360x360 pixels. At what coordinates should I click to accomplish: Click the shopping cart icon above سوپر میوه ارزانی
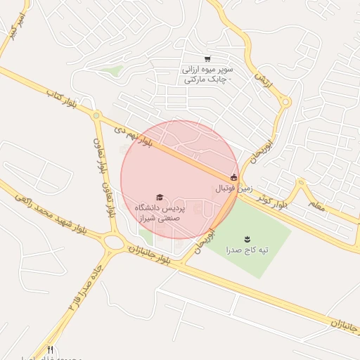pos(207,58)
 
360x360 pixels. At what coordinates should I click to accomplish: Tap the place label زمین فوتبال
pos(233,188)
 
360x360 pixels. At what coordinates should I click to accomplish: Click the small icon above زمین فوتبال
pos(233,177)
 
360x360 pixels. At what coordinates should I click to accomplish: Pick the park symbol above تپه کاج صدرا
pos(247,239)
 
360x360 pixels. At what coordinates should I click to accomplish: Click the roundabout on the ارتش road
pos(285,102)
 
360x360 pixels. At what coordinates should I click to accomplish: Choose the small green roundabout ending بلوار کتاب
pos(96,115)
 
